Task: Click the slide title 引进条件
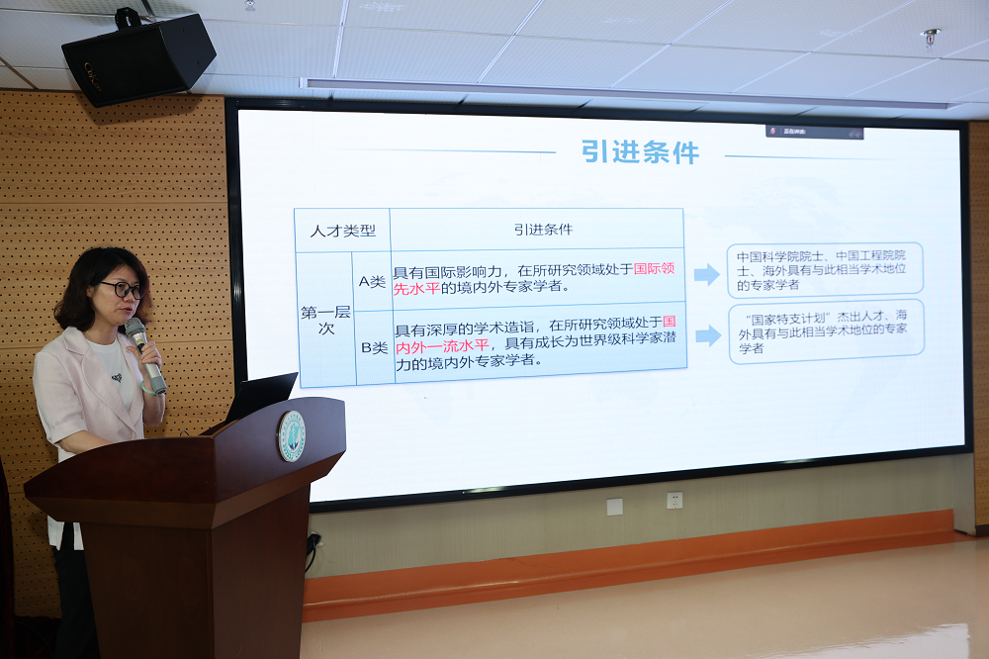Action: pos(641,152)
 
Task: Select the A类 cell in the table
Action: pos(372,282)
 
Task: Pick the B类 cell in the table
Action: pos(374,347)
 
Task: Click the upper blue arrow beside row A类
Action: pos(706,274)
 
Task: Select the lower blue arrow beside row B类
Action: pos(708,334)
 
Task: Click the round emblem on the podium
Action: pos(292,436)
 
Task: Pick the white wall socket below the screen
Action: pos(674,501)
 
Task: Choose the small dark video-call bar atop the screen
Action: pos(814,132)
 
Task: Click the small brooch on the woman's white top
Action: pos(117,377)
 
